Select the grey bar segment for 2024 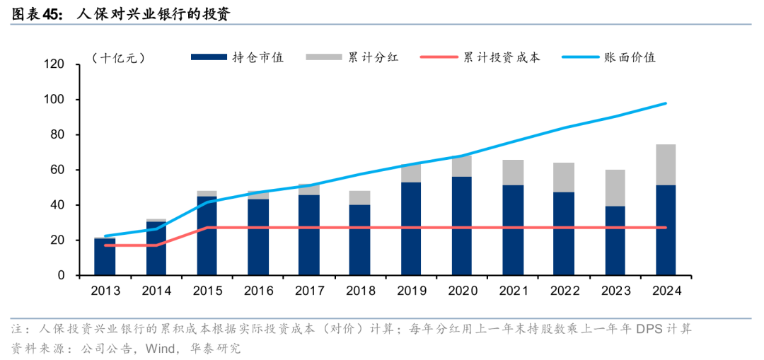(x=666, y=165)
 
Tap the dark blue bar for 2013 (x=105, y=257)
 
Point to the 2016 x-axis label (x=258, y=291)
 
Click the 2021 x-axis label (x=513, y=291)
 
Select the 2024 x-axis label (x=666, y=291)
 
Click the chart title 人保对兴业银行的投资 (x=151, y=12)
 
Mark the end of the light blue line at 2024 (x=666, y=103)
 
